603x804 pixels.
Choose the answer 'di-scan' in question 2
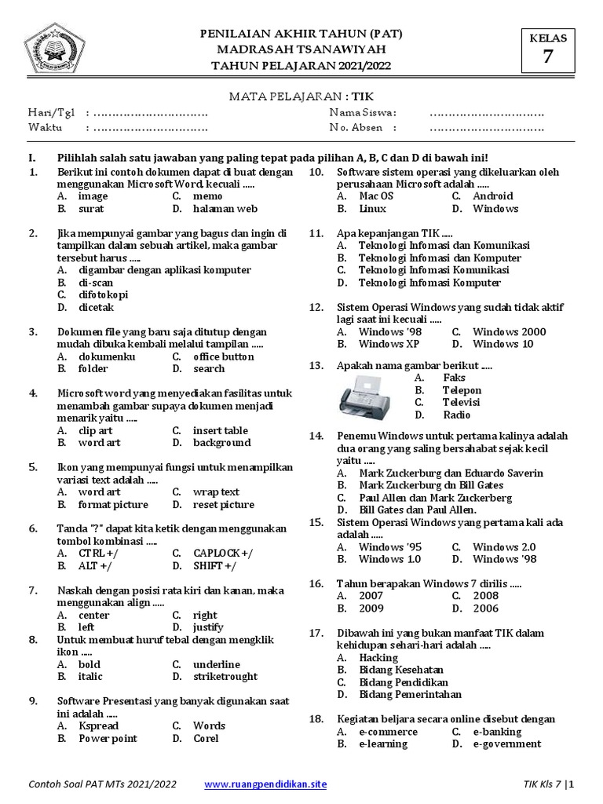point(96,283)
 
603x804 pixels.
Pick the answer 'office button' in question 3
point(224,356)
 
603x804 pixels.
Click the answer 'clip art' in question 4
point(96,430)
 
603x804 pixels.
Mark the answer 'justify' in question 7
point(208,627)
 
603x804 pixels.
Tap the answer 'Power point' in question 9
point(108,739)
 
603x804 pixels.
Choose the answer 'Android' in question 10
point(493,196)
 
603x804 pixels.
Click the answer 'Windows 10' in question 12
point(503,344)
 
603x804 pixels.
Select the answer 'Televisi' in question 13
point(461,403)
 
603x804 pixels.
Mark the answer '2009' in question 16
point(371,608)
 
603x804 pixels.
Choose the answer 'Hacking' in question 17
point(379,658)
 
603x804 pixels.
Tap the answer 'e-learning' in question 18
point(383,744)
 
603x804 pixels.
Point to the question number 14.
point(316,436)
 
